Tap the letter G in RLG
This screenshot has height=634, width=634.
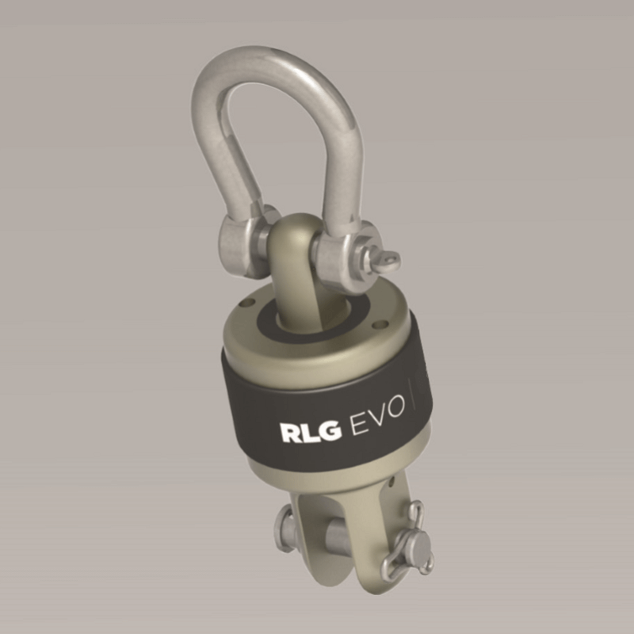point(332,429)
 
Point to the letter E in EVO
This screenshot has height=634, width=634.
point(356,421)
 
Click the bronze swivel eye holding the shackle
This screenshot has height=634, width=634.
point(296,238)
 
